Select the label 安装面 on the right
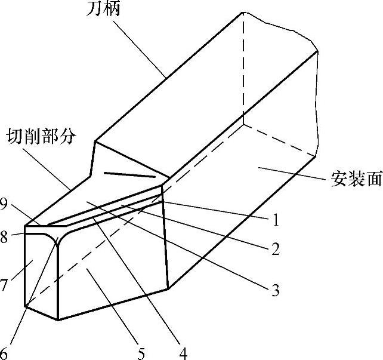tap(356, 180)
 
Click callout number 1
tap(276, 220)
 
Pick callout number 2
tap(275, 249)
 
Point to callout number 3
tap(275, 291)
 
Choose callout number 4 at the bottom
tap(184, 353)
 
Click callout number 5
tap(141, 353)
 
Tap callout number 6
tap(5, 352)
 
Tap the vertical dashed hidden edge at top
tap(243, 66)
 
